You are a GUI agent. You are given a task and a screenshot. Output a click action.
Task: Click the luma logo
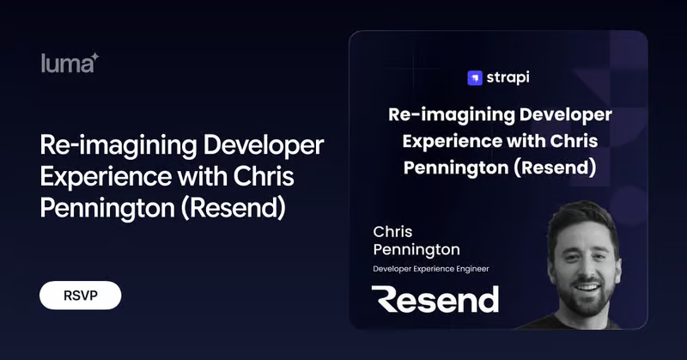pyautogui.click(x=70, y=63)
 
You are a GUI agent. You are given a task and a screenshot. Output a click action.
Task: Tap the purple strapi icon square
pyautogui.click(x=475, y=78)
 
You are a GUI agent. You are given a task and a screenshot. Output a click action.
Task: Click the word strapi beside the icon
pyautogui.click(x=508, y=77)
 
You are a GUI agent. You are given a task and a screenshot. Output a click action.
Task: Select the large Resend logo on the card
pyautogui.click(x=435, y=299)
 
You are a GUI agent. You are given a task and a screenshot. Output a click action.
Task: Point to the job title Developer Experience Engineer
pyautogui.click(x=431, y=269)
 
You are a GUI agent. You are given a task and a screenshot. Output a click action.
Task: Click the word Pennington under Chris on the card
pyautogui.click(x=416, y=250)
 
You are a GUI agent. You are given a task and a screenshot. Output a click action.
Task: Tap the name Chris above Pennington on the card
pyautogui.click(x=392, y=231)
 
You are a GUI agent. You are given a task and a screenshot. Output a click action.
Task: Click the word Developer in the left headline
pyautogui.click(x=264, y=146)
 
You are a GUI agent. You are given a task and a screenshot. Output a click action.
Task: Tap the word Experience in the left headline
pyautogui.click(x=106, y=178)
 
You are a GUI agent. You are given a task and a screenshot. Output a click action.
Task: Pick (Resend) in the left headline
pyautogui.click(x=233, y=208)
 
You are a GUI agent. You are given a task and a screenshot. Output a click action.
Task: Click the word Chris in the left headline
pyautogui.click(x=264, y=176)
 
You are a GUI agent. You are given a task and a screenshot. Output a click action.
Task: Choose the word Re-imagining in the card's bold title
pyautogui.click(x=452, y=115)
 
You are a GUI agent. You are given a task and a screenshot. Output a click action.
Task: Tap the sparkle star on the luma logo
pyautogui.click(x=94, y=58)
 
